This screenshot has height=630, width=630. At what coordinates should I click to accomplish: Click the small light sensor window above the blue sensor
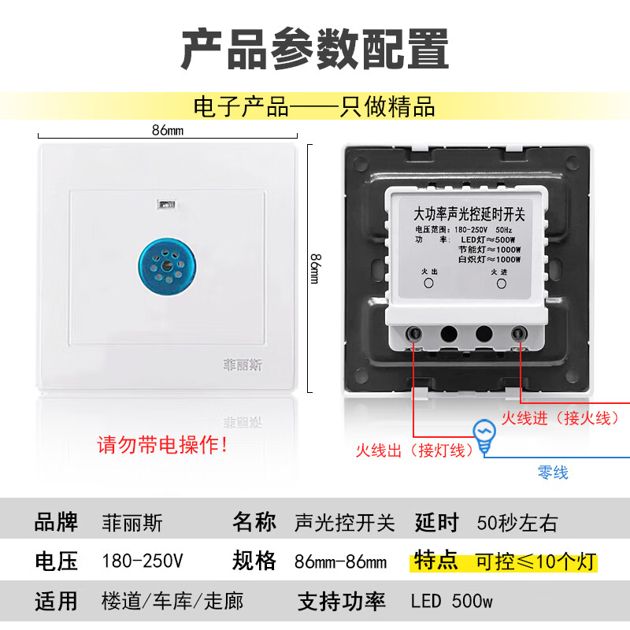pyautogui.click(x=165, y=203)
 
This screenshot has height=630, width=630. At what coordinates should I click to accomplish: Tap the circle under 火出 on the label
pyautogui.click(x=430, y=283)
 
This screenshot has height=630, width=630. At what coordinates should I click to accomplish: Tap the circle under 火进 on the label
pyautogui.click(x=498, y=283)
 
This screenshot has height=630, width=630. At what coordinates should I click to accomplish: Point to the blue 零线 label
pyautogui.click(x=553, y=472)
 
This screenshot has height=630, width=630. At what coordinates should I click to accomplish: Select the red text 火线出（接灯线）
pyautogui.click(x=414, y=450)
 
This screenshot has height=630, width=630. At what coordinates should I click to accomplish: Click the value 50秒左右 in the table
pyautogui.click(x=517, y=522)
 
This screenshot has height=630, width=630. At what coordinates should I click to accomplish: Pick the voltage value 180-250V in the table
pyautogui.click(x=143, y=561)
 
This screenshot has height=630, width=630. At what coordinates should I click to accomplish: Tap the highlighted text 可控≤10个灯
pyautogui.click(x=535, y=562)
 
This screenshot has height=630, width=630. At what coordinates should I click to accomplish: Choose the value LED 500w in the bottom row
pyautogui.click(x=451, y=602)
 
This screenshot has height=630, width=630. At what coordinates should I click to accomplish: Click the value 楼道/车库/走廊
pyautogui.click(x=172, y=602)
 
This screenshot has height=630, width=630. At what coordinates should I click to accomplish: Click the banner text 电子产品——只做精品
pyautogui.click(x=315, y=106)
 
